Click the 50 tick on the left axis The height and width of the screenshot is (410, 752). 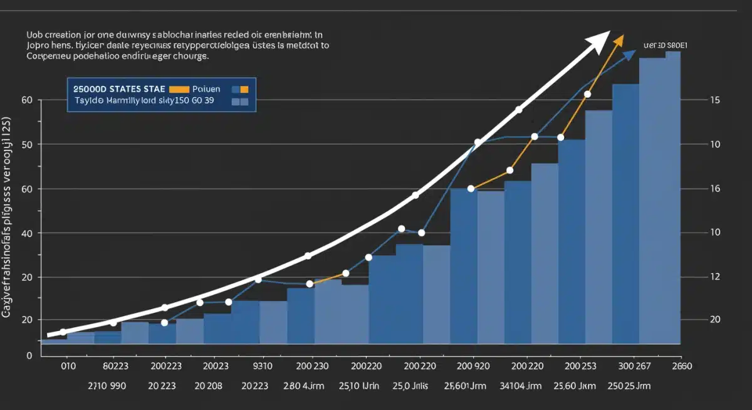[26, 144]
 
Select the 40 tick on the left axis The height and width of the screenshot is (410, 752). [26, 233]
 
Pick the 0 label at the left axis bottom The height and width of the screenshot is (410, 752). [29, 355]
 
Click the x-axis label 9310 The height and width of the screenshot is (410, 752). [262, 367]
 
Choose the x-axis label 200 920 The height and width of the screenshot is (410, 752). [473, 367]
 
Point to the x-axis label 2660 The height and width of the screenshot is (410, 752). [682, 367]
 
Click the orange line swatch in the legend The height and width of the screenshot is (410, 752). [179, 89]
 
